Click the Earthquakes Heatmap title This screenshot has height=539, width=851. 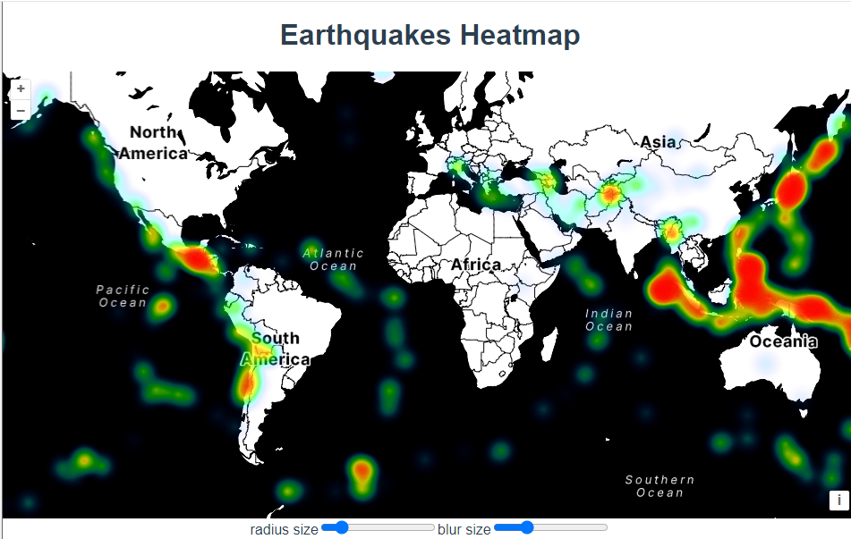pos(430,36)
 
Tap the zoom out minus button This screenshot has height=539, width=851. pos(21,110)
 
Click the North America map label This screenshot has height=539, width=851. pos(153,143)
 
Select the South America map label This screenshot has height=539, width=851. pos(276,349)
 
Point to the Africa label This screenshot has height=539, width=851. pos(476,265)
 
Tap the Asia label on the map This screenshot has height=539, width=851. pos(658,141)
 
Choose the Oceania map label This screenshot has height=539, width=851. pos(783,341)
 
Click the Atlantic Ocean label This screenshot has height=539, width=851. pos(333,259)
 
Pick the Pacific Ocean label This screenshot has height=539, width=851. pos(123,296)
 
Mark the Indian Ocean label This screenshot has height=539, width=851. pos(608,319)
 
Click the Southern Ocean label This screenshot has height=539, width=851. pos(660,486)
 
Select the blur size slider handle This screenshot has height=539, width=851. pos(526,528)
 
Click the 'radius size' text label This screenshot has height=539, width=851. pos(284,529)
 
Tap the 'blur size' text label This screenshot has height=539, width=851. pos(464,529)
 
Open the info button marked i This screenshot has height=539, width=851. pos(838,501)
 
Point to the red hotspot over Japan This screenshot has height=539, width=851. pos(792,188)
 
